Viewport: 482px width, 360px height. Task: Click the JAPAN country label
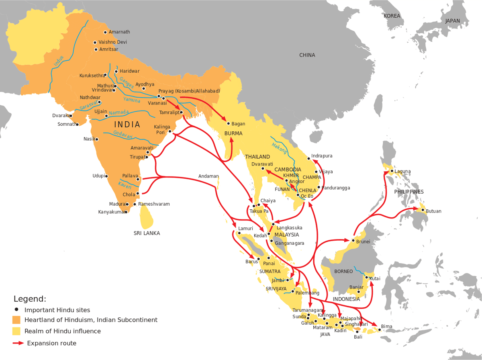452,21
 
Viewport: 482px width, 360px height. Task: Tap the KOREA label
392,16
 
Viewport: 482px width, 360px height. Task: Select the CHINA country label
307,55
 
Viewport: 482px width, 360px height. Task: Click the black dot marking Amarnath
105,32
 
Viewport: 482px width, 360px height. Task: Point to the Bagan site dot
228,124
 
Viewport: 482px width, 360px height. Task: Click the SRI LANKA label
147,233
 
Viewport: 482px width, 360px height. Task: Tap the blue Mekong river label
279,148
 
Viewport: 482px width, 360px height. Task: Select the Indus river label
59,61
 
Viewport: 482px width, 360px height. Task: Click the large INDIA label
127,125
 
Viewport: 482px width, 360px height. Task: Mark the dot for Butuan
423,210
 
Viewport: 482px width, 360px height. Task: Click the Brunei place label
363,241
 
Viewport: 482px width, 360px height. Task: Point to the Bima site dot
379,329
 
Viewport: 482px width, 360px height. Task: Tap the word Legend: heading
30,299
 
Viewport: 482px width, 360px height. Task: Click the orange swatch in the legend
16,320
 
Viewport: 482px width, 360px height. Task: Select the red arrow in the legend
18,343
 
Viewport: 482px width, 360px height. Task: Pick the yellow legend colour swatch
16,331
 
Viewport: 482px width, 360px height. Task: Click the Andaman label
208,176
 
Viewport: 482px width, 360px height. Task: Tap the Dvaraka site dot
71,116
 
